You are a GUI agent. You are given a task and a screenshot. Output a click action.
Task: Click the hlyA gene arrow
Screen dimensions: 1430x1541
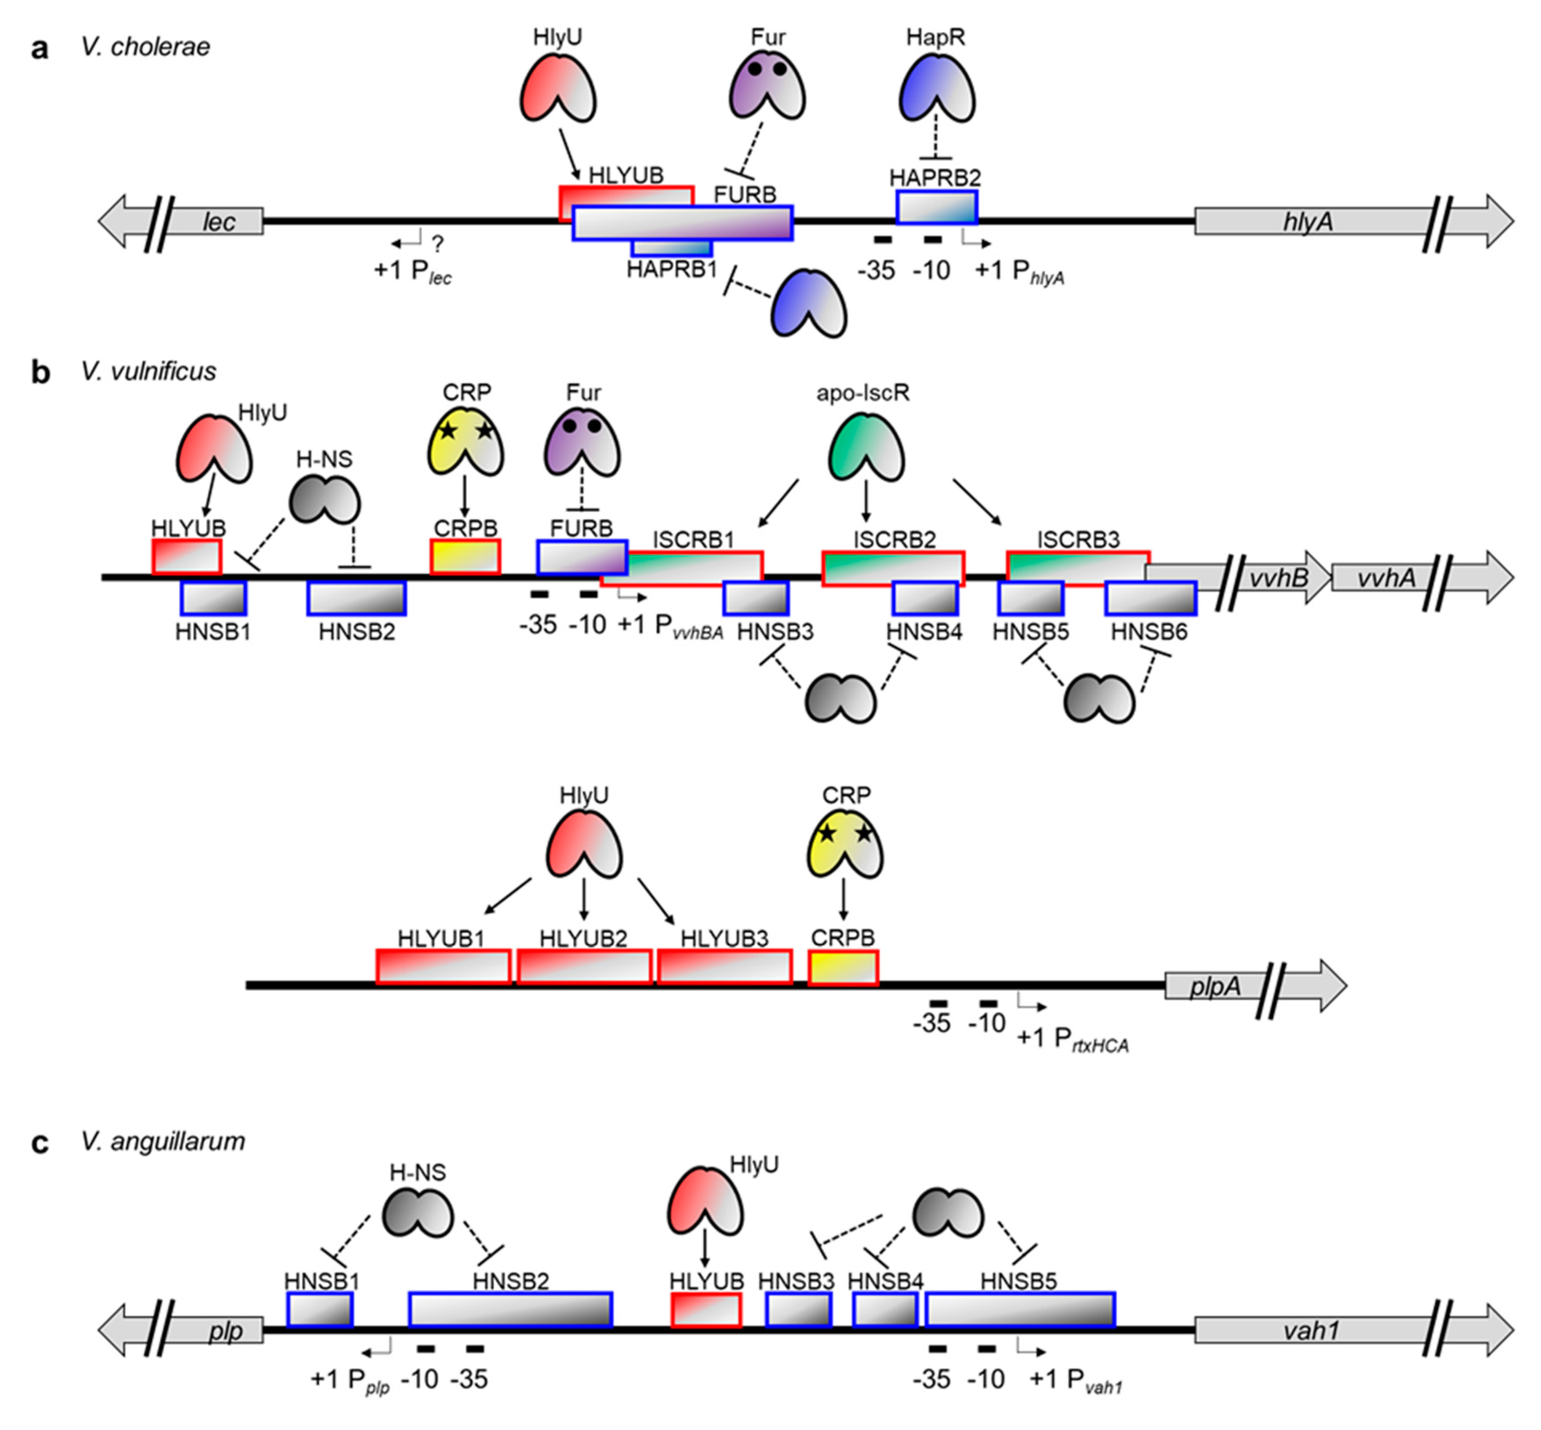coord(1308,222)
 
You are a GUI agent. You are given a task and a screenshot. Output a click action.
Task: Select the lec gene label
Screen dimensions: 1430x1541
coord(219,222)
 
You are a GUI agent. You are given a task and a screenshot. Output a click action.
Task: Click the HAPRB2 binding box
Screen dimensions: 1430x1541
coord(937,207)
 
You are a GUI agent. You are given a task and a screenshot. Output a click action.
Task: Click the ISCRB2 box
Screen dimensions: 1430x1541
coord(892,569)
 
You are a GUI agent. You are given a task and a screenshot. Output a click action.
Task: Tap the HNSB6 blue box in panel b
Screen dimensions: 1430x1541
coord(1150,599)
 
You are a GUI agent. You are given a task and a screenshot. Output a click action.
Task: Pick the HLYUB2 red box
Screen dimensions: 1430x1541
coord(583,967)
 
